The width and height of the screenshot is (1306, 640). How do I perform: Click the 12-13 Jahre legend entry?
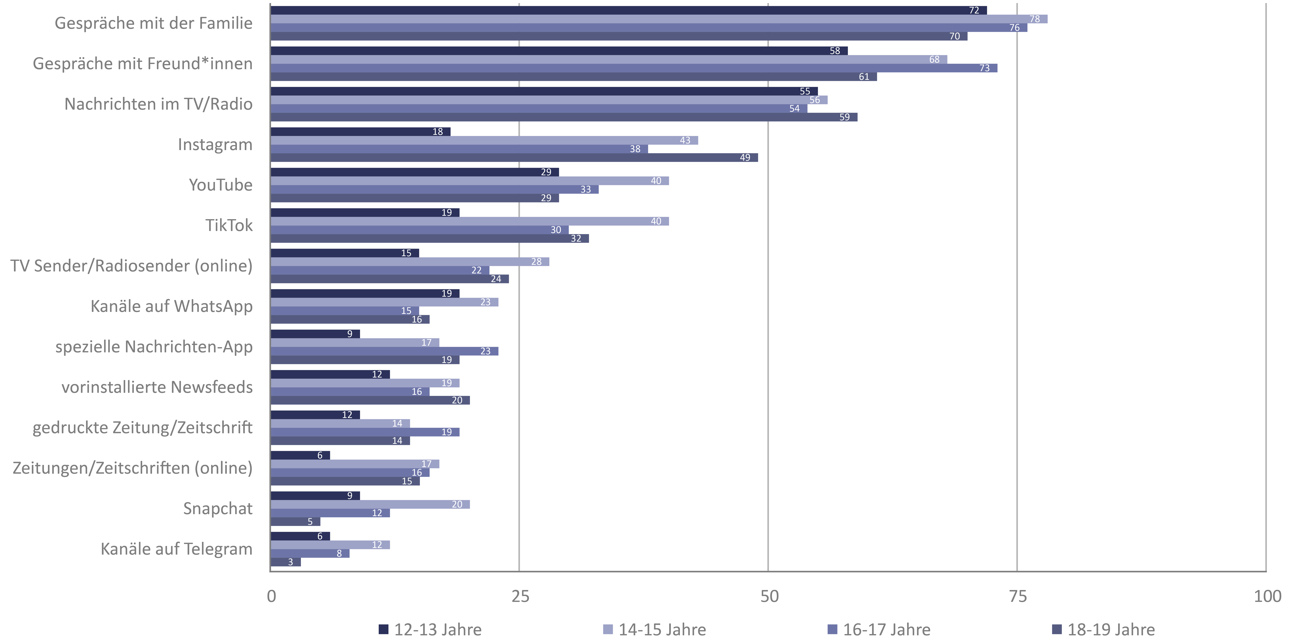point(430,629)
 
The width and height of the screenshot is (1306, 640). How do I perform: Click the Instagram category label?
point(215,145)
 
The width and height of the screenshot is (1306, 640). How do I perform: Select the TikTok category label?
point(229,225)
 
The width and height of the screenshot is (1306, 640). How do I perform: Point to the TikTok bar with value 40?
point(469,221)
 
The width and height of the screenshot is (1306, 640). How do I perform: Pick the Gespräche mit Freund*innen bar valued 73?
point(634,68)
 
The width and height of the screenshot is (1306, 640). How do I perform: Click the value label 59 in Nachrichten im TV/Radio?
point(844,117)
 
